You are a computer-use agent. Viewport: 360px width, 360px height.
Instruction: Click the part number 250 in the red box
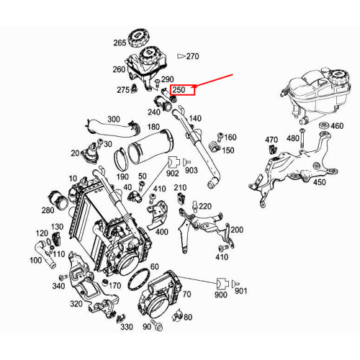click(x=180, y=90)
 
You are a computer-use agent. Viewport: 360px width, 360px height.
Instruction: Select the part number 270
click(x=192, y=55)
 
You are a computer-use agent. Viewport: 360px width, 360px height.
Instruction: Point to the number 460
click(x=336, y=126)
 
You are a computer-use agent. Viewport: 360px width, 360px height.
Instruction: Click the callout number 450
click(x=320, y=182)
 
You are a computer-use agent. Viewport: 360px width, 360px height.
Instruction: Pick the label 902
click(x=173, y=173)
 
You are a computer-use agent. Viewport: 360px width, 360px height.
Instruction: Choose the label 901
click(x=240, y=291)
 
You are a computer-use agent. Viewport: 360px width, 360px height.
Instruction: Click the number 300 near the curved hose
click(x=114, y=119)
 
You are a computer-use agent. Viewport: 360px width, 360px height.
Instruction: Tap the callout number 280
click(x=48, y=210)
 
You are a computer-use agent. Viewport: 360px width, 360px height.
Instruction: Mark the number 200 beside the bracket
click(x=237, y=229)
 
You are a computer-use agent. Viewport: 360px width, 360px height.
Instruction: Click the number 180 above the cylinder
click(x=153, y=127)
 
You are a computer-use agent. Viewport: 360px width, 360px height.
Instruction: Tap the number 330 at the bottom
click(x=127, y=326)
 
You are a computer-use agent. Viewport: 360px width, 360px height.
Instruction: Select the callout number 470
click(x=271, y=139)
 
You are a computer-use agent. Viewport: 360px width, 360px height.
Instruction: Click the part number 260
click(x=118, y=69)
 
